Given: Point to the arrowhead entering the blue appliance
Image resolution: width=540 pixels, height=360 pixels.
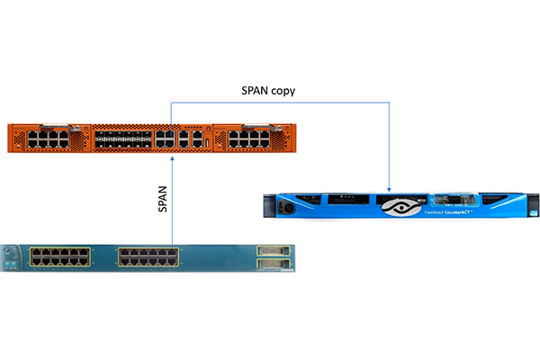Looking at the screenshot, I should coord(389,185).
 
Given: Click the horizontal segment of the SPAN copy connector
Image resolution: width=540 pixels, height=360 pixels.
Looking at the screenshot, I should coord(279,103).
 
